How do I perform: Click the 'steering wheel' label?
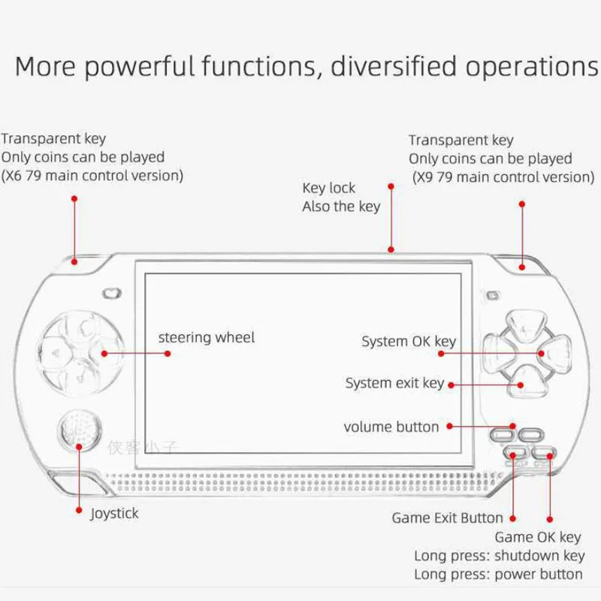click(206, 337)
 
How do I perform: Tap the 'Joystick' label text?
click(114, 514)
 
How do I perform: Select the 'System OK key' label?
click(408, 342)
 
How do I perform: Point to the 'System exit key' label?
click(394, 383)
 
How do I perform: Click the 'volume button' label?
click(391, 427)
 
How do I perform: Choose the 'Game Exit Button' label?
click(447, 518)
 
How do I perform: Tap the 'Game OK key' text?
click(537, 537)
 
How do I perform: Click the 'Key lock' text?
click(328, 188)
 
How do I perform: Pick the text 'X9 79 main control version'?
click(503, 177)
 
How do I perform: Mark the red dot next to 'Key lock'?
click(391, 185)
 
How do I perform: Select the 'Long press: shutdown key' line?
click(499, 556)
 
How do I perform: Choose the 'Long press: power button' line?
click(498, 574)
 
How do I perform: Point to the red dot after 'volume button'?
click(449, 427)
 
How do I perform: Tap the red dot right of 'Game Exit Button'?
click(513, 518)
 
